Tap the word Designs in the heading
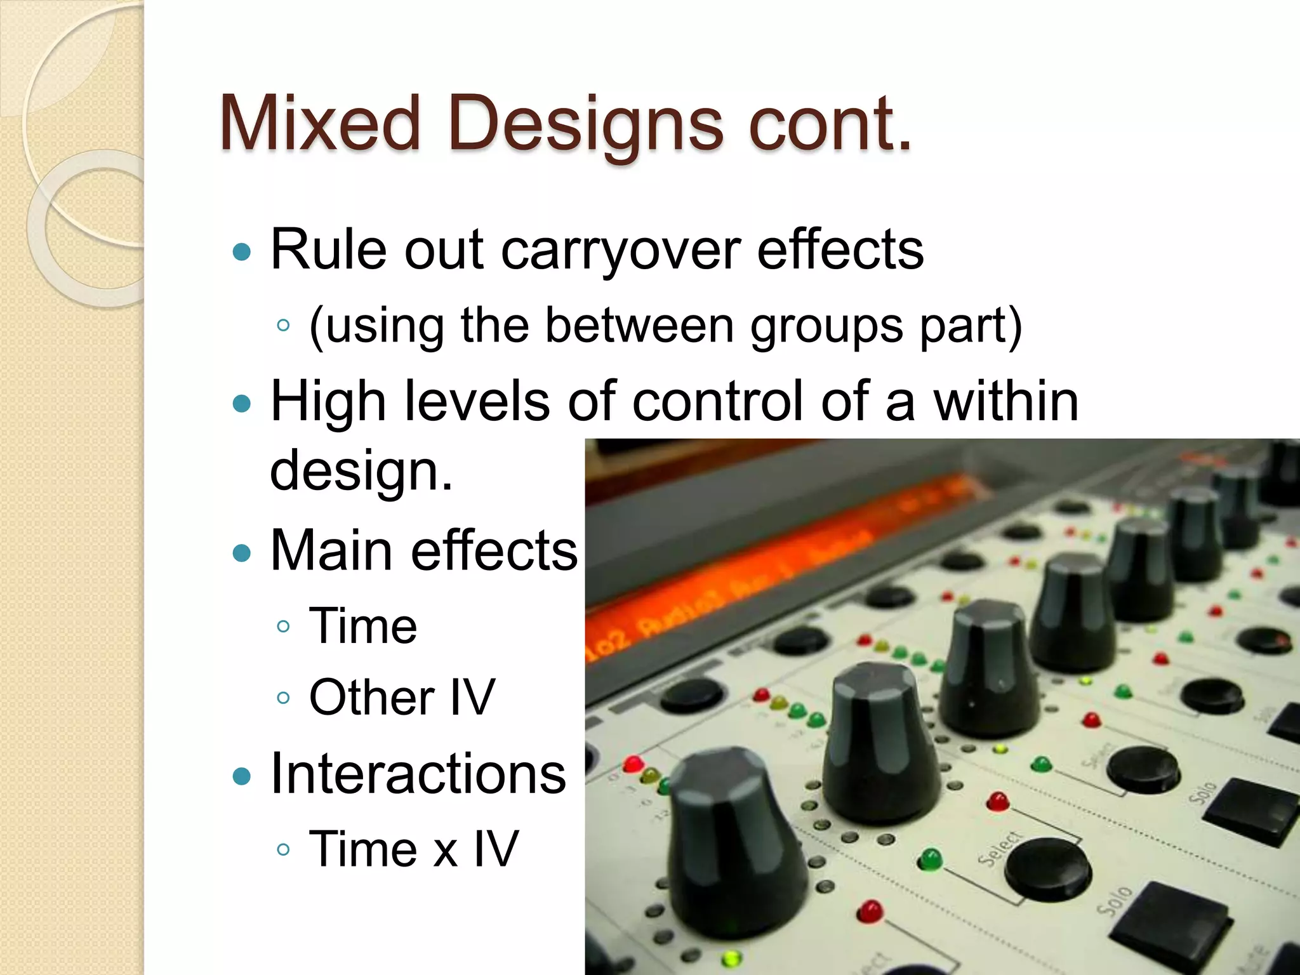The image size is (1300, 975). [x=585, y=124]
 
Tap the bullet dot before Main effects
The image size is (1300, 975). [x=242, y=552]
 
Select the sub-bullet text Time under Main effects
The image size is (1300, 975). [x=363, y=626]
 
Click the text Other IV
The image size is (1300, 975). [x=401, y=697]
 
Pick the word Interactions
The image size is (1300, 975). [x=418, y=774]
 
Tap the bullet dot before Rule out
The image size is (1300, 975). [x=242, y=253]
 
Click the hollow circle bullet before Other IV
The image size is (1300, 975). [x=284, y=698]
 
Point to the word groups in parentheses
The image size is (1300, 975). [x=826, y=326]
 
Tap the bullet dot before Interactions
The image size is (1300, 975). [x=242, y=776]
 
